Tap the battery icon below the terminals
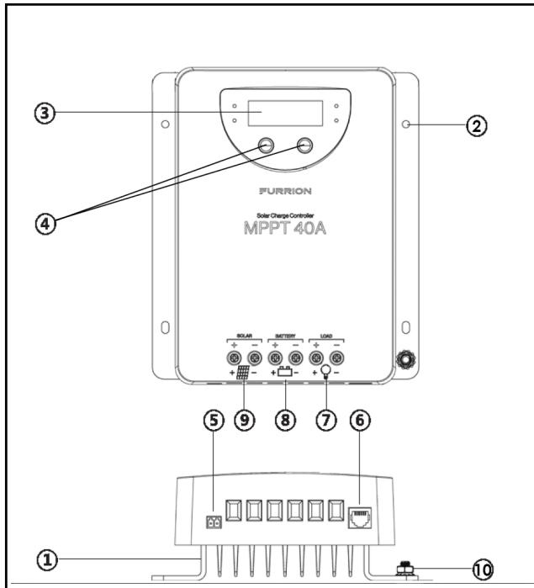coord(284,371)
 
